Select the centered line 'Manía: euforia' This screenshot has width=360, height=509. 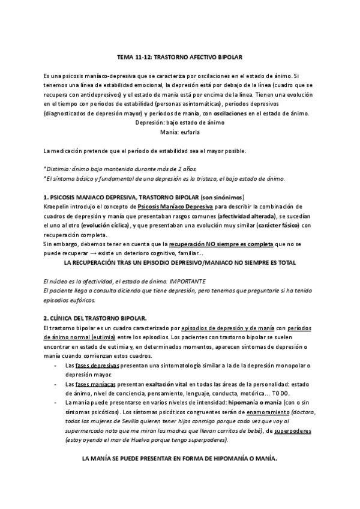click(179, 131)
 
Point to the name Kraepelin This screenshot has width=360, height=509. click(58, 206)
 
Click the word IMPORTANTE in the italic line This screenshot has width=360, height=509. click(188, 281)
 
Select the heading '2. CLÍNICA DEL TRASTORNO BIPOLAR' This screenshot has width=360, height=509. click(95, 318)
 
